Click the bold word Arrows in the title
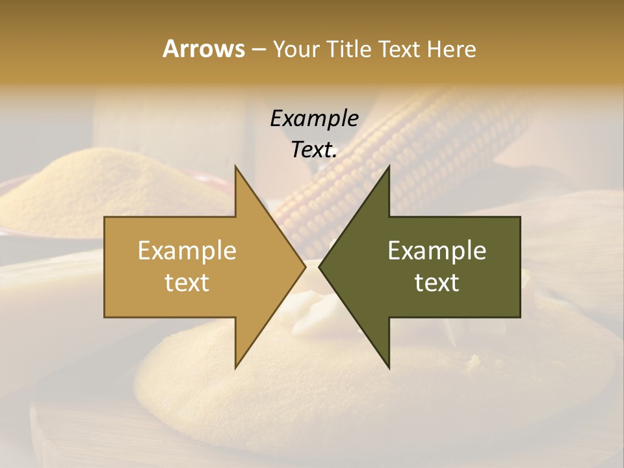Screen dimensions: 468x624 tap(203, 49)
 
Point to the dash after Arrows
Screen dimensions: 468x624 tap(259, 49)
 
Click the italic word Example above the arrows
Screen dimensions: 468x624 tap(314, 118)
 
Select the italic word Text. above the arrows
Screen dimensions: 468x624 tap(314, 149)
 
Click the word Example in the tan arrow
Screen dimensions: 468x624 tap(187, 250)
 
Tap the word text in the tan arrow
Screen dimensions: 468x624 tap(187, 283)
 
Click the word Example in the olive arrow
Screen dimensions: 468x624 tap(437, 250)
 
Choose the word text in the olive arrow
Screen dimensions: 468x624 tap(437, 283)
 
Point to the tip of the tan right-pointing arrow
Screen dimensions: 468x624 tap(305, 267)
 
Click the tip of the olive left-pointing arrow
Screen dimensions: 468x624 tap(319, 267)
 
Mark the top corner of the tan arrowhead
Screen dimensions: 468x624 tap(235, 166)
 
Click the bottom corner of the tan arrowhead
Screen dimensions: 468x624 tap(235, 367)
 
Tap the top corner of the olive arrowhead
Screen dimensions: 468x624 tap(389, 166)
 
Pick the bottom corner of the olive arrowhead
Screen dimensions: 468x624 tap(389, 367)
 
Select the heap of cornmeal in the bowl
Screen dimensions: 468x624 tap(97, 188)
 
